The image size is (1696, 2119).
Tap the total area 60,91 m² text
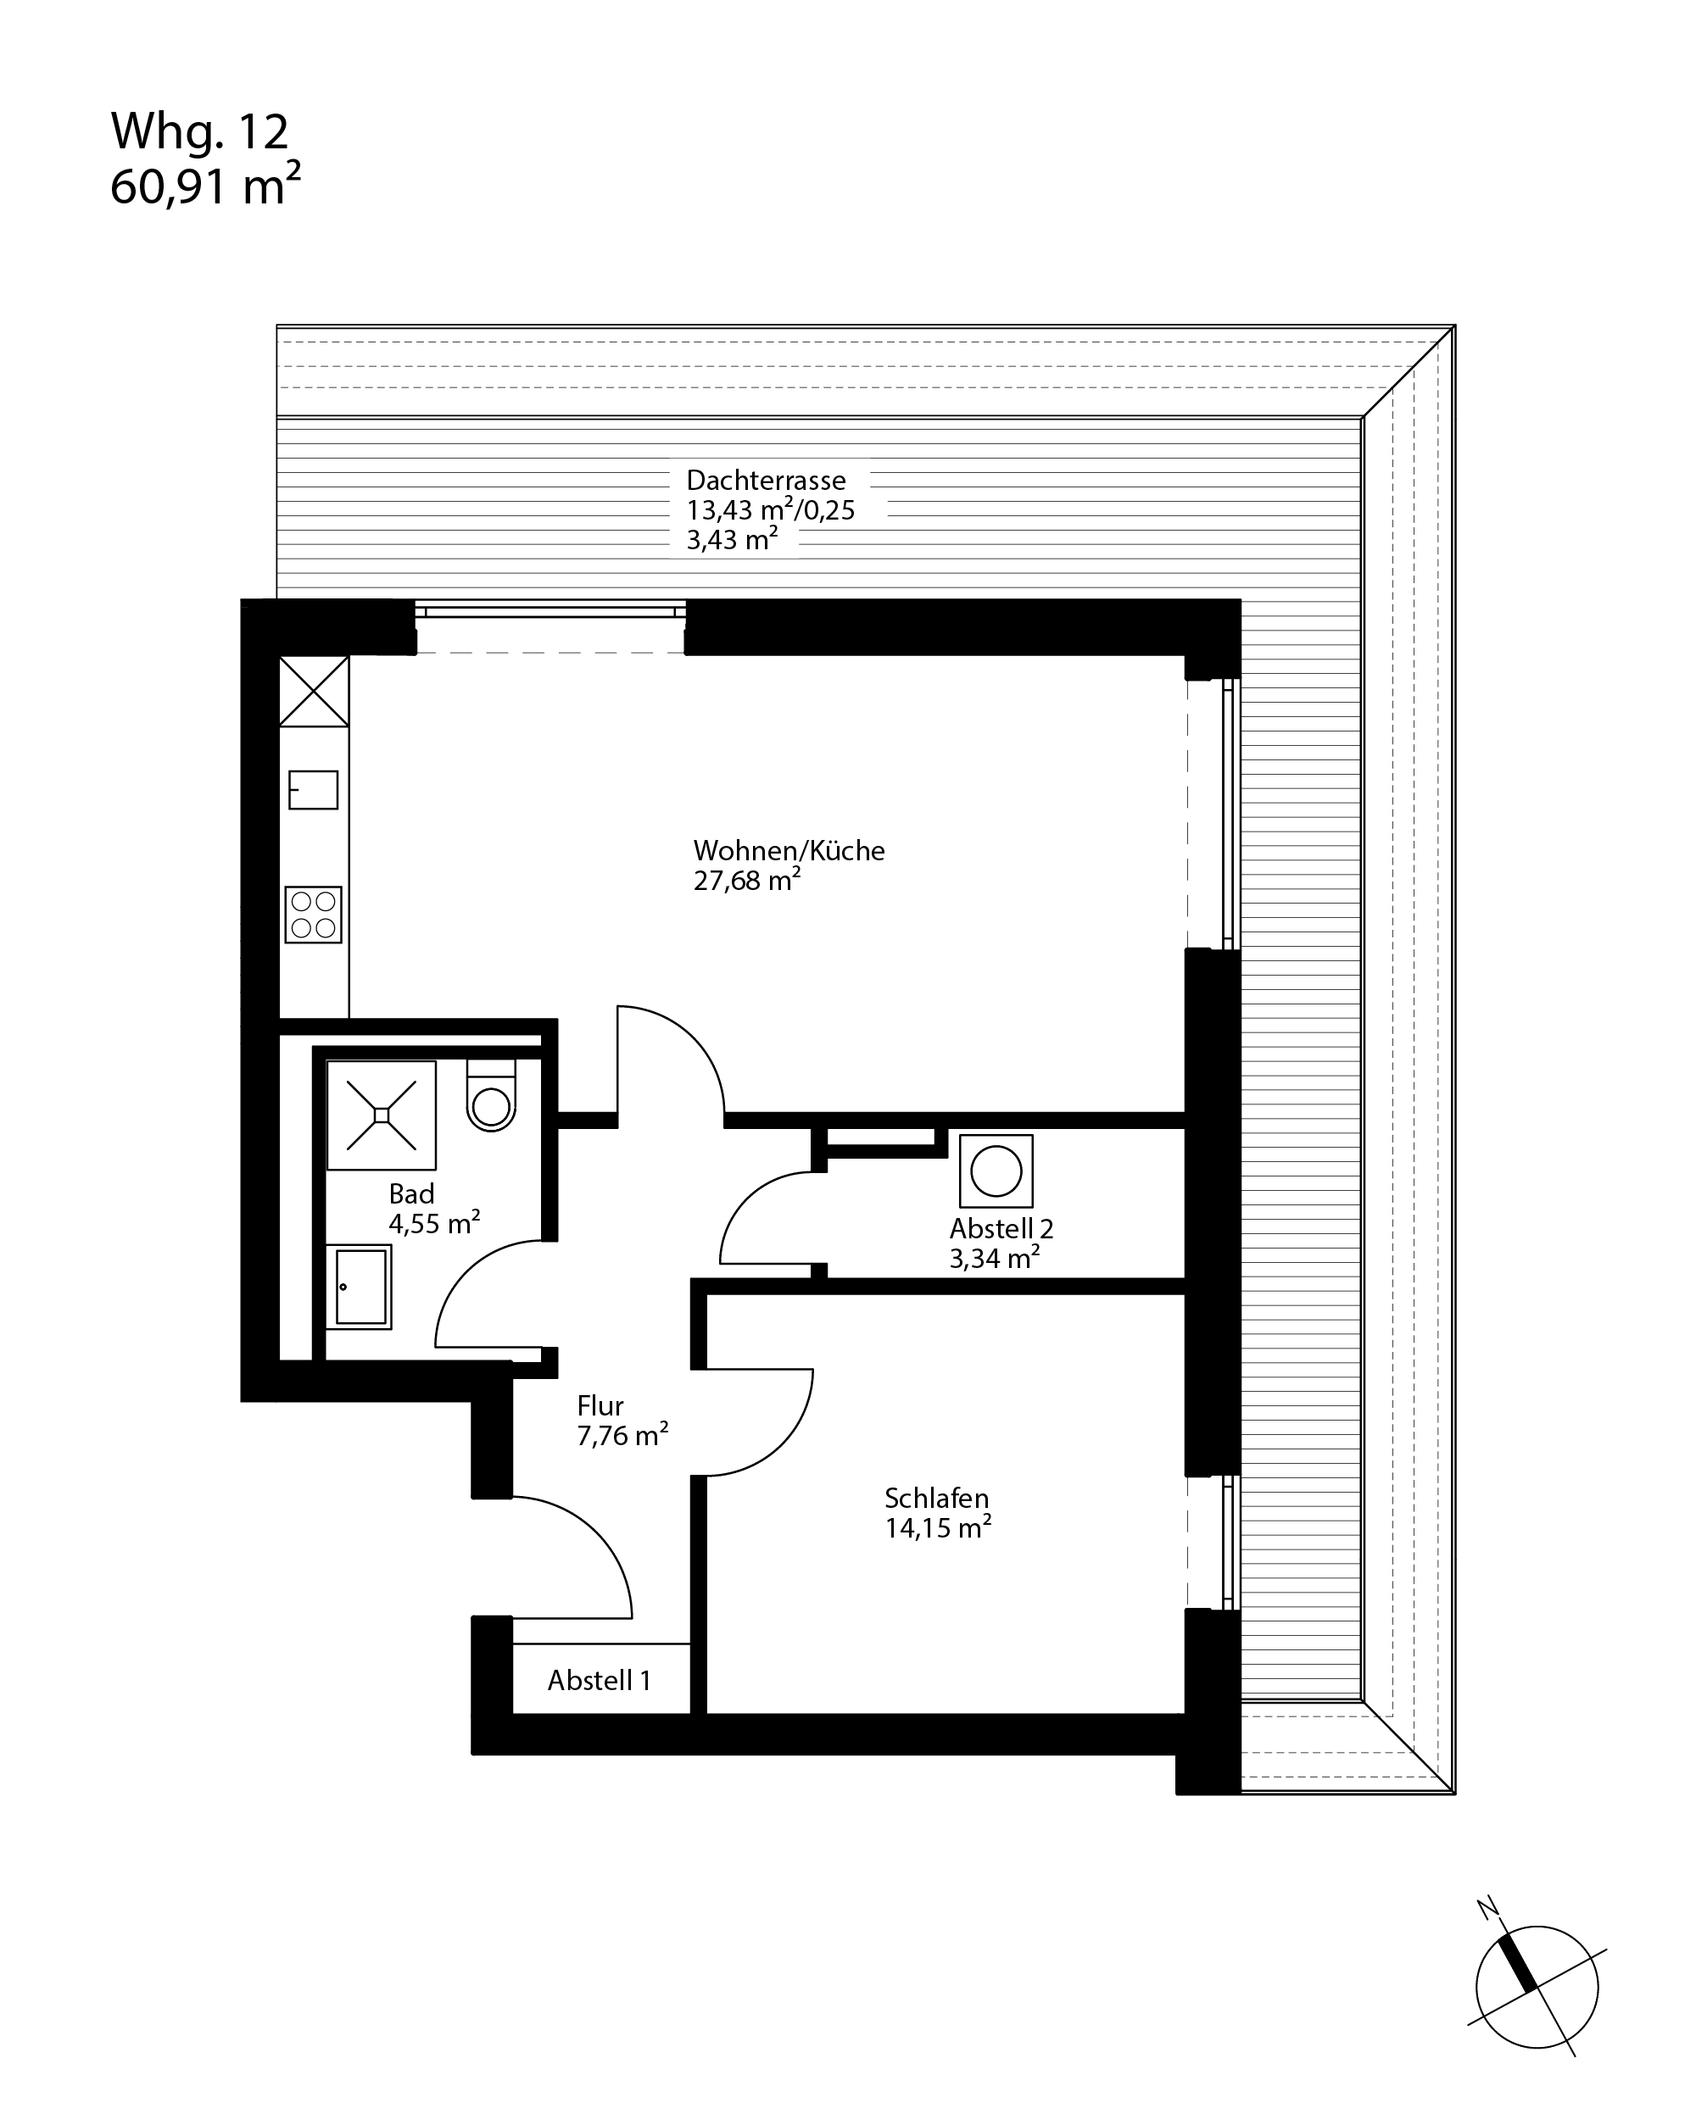(x=205, y=186)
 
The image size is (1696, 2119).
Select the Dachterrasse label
(x=766, y=481)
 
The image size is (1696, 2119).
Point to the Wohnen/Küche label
(x=789, y=851)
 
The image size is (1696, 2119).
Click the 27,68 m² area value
(x=747, y=881)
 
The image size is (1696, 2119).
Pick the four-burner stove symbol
(x=314, y=915)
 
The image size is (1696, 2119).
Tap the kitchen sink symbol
(x=314, y=790)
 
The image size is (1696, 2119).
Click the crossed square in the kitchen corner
(x=314, y=692)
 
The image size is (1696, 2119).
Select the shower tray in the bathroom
(x=382, y=1115)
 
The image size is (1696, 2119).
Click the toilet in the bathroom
(x=491, y=1095)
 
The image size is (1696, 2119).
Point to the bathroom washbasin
(x=360, y=1288)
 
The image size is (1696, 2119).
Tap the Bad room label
(x=412, y=1194)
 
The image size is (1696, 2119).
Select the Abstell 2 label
(x=1001, y=1228)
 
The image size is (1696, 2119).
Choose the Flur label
(x=600, y=1406)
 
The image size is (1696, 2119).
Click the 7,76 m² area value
(x=623, y=1436)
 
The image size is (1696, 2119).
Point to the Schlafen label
(x=937, y=1499)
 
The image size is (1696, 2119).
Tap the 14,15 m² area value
(x=938, y=1528)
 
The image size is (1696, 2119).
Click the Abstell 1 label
(x=600, y=1681)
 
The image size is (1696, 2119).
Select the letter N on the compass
(x=1488, y=1909)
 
